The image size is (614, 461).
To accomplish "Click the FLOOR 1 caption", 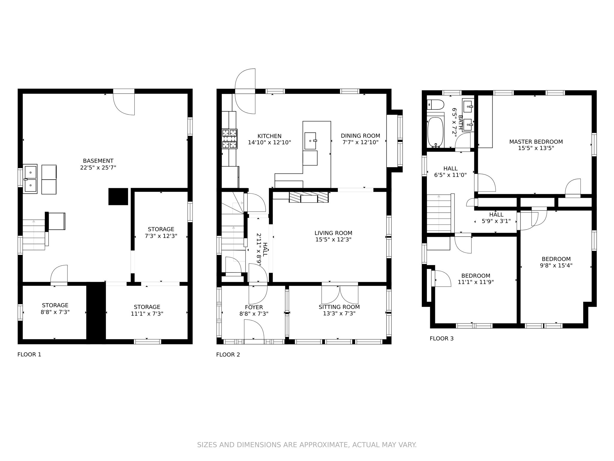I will [x=29, y=354].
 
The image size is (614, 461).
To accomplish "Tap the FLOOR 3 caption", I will [x=441, y=339].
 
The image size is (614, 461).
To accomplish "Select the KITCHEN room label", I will [x=269, y=136].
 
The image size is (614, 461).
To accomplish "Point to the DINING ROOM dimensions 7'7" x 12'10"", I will [x=360, y=142].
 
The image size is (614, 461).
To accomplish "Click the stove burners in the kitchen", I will [x=229, y=139].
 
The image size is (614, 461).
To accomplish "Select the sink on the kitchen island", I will [x=310, y=141].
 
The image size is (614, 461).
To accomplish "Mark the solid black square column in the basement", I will [x=118, y=197].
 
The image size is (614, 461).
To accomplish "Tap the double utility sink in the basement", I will [x=30, y=179].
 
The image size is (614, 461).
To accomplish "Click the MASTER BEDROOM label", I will [x=536, y=142].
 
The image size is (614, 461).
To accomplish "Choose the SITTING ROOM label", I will [x=339, y=307].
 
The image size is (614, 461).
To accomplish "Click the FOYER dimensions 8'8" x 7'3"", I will [x=254, y=314].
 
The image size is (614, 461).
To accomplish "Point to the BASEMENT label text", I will [x=98, y=161].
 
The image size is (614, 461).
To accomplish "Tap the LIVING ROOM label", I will [x=333, y=233].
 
